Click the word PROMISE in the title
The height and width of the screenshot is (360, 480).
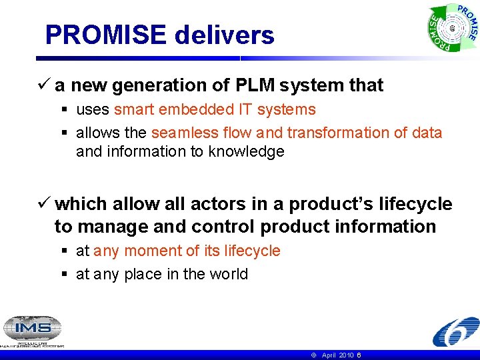[106, 35]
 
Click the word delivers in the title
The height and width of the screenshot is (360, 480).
[224, 35]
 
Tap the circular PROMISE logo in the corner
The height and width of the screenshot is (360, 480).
[453, 29]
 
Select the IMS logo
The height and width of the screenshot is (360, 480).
[32, 329]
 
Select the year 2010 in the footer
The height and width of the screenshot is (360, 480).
[346, 355]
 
